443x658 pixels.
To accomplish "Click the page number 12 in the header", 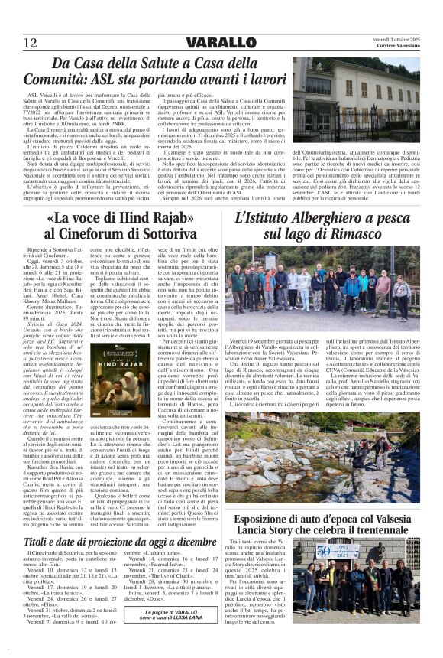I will (x=31, y=41).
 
